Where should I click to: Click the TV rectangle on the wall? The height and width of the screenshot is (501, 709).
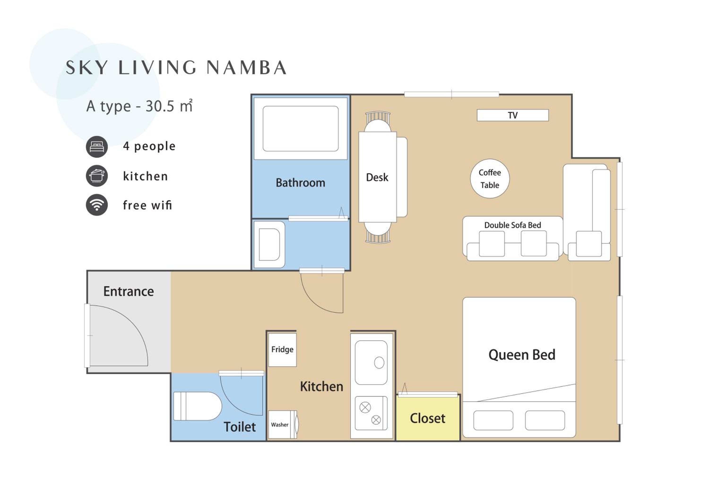coord(513,115)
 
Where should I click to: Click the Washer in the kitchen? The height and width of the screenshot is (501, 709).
coord(283,425)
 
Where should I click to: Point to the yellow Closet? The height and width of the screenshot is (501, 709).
coord(428,418)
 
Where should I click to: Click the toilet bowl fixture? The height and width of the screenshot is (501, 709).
coord(198,406)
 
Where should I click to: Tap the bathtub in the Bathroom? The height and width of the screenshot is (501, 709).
coord(300,129)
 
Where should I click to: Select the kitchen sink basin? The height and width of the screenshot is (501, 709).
coord(371,362)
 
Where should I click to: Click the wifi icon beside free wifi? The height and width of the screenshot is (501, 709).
coord(97,205)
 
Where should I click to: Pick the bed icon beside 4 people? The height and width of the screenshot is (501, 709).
coord(97,147)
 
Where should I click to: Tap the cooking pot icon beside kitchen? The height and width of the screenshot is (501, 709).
coord(97,176)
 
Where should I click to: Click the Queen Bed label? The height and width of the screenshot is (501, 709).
coord(522,355)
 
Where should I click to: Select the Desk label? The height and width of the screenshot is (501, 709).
coord(377,177)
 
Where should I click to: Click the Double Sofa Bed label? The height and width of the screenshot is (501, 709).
coord(513,225)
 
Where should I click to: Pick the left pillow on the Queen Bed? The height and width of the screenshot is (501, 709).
coord(493,420)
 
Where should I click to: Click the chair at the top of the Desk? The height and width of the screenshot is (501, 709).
coord(378,122)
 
